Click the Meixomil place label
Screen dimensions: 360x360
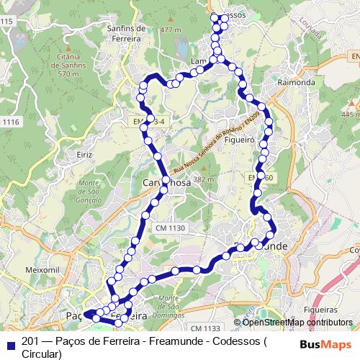(x=42, y=269)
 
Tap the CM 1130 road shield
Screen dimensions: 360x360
(x=170, y=228)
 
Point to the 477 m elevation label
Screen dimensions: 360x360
(x=171, y=30)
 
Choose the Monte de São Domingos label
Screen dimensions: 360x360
(x=173, y=304)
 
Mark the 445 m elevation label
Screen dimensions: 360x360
(x=351, y=114)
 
